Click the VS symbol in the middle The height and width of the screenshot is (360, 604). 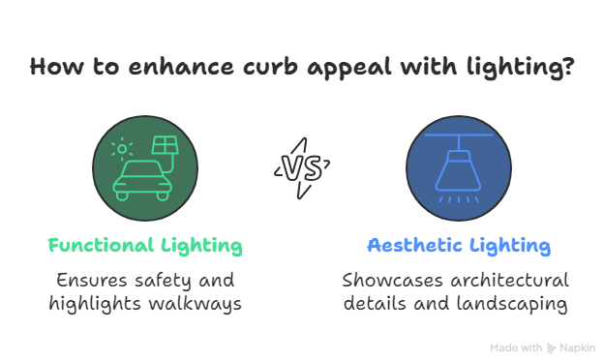pyautogui.click(x=302, y=167)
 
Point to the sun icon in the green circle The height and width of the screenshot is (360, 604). pyautogui.click(x=121, y=149)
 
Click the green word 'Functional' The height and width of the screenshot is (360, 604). pyautogui.click(x=101, y=246)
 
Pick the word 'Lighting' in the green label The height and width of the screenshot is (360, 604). pyautogui.click(x=202, y=246)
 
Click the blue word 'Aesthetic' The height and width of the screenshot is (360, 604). pyautogui.click(x=413, y=246)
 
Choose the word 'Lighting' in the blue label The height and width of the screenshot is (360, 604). pyautogui.click(x=509, y=246)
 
